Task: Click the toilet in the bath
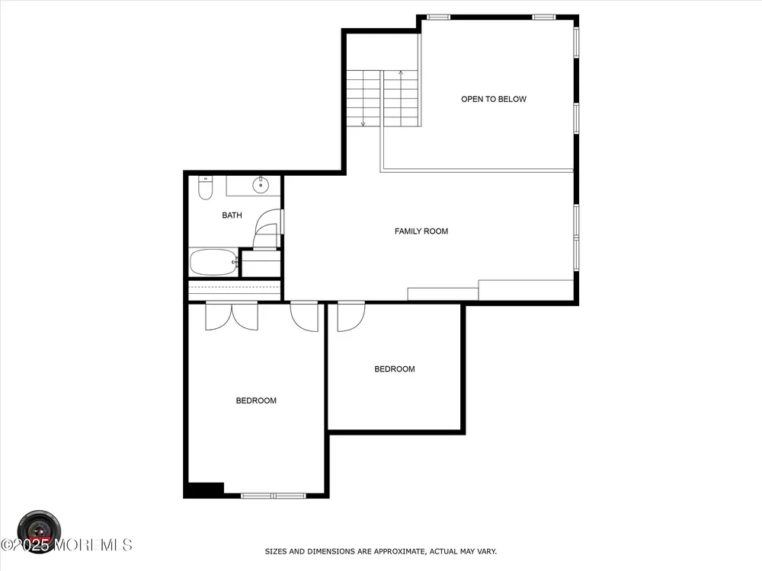coord(206,188)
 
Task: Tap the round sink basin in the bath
coord(261,184)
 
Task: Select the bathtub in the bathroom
coord(213,262)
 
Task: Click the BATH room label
coord(232,215)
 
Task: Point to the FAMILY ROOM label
coord(421,231)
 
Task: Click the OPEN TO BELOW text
coord(494,99)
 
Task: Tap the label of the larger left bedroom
coord(256,400)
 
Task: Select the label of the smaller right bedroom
coord(395,369)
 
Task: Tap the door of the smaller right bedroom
coord(351,317)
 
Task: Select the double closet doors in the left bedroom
coord(232,316)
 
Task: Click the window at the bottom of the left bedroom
coord(274,496)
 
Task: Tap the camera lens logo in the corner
coord(40,531)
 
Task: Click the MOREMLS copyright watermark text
coord(66,545)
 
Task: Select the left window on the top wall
coord(439,18)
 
